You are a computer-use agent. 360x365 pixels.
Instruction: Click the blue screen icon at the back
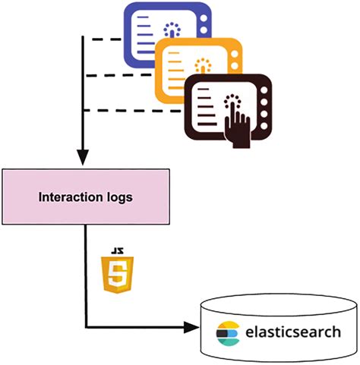point(141,23)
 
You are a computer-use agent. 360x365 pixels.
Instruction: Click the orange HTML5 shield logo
point(116,277)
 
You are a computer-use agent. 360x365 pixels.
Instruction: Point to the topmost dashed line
point(103,39)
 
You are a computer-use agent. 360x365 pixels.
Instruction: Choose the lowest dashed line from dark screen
point(129,111)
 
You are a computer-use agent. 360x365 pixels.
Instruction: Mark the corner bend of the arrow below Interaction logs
point(83,329)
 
